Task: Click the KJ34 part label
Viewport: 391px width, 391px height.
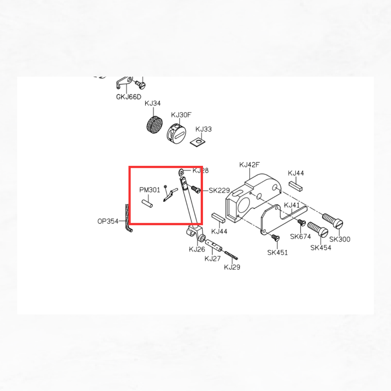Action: pyautogui.click(x=152, y=103)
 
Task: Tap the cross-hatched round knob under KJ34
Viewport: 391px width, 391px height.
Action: pyautogui.click(x=154, y=125)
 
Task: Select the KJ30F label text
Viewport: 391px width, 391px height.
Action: pyautogui.click(x=181, y=115)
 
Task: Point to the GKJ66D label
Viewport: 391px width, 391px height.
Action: pyautogui.click(x=129, y=97)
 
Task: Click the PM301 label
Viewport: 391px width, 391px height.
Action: pyautogui.click(x=150, y=190)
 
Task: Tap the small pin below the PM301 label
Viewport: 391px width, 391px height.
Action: pyautogui.click(x=147, y=204)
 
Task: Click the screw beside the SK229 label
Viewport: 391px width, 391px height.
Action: pyautogui.click(x=195, y=190)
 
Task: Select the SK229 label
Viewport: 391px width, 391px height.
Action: pyautogui.click(x=219, y=191)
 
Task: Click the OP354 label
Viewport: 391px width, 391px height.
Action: pyautogui.click(x=108, y=221)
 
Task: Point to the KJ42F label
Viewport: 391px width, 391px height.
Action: pyautogui.click(x=249, y=165)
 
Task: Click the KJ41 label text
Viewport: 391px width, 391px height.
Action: pyautogui.click(x=292, y=205)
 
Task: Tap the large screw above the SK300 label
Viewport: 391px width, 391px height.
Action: pyautogui.click(x=333, y=221)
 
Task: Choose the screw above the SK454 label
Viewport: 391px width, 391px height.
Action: pyautogui.click(x=318, y=229)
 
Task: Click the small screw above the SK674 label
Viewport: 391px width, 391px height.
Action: pyautogui.click(x=302, y=223)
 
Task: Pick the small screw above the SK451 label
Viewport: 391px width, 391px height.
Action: pyautogui.click(x=276, y=238)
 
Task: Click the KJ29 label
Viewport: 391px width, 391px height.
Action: pyautogui.click(x=232, y=267)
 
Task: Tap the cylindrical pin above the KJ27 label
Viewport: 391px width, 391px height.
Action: pyautogui.click(x=214, y=246)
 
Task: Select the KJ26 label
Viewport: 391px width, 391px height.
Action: pyautogui.click(x=197, y=249)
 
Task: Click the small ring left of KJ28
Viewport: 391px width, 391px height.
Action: pyautogui.click(x=181, y=172)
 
